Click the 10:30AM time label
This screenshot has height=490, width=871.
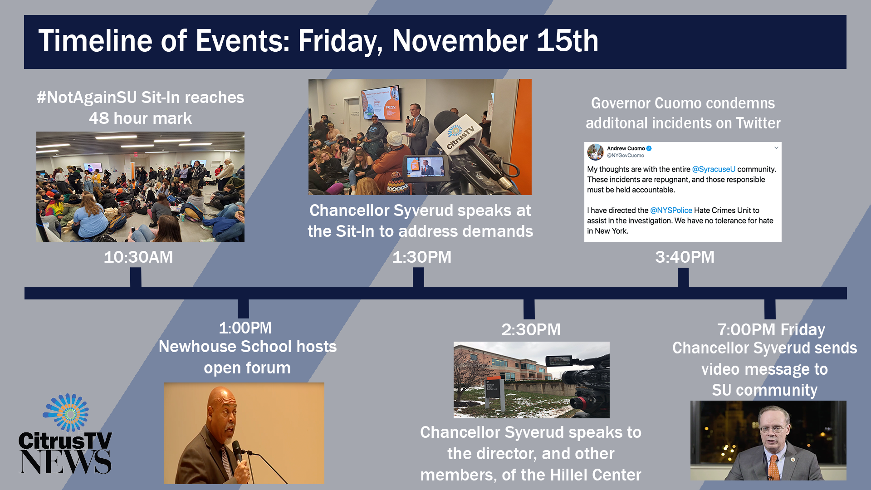(138, 257)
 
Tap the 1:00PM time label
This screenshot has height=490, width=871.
(245, 328)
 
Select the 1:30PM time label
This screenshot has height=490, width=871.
(422, 257)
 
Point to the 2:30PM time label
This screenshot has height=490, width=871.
(531, 330)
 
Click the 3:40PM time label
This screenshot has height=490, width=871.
(685, 257)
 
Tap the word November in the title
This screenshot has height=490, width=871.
(460, 41)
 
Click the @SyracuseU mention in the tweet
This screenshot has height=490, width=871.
(714, 169)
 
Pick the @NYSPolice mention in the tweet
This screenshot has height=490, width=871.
(671, 211)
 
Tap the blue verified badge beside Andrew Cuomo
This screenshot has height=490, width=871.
(649, 148)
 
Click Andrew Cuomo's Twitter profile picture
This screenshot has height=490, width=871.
(595, 152)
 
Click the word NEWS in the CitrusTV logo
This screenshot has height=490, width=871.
(65, 462)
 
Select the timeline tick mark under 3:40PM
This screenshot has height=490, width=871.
(683, 277)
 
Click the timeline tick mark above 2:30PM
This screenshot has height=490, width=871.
(529, 309)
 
